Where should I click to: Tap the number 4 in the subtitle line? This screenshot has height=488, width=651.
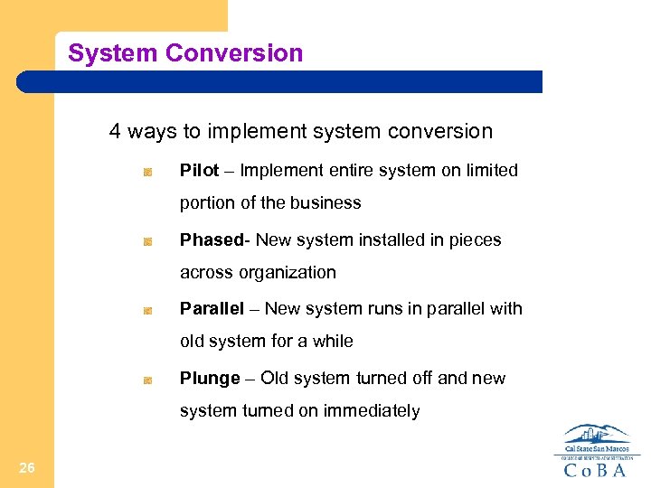115,132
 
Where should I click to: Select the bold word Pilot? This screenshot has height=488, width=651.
199,171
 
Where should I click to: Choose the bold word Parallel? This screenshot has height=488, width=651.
212,309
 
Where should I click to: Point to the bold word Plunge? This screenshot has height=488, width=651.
210,379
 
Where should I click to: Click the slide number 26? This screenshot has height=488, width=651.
26,467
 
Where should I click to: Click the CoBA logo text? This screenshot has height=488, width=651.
596,470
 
